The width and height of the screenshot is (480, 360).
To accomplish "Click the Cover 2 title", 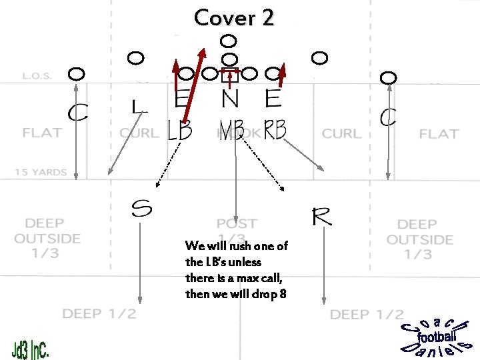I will coord(233,18).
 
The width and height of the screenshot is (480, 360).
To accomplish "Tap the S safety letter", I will coord(141,209).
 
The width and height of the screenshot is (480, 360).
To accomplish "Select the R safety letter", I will coord(321,217).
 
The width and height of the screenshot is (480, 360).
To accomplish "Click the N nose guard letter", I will coord(229,99).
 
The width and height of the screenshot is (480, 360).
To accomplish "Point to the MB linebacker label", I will coord(231,130).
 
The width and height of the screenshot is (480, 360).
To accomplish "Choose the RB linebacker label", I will coord(274,130).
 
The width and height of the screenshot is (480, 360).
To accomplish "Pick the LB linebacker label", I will coord(179,131).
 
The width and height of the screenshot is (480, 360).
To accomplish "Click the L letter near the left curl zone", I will coord(137,107).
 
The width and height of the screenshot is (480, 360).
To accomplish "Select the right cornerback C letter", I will coord(388,119).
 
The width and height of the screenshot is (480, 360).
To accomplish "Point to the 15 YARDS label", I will coord(41,173).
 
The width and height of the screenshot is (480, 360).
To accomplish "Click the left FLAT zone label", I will coord(42,132).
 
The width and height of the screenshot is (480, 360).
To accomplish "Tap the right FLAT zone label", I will coord(438,134).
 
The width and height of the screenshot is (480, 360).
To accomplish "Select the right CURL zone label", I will coord(343,134).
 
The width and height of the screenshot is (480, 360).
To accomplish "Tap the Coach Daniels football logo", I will coord(437,337).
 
